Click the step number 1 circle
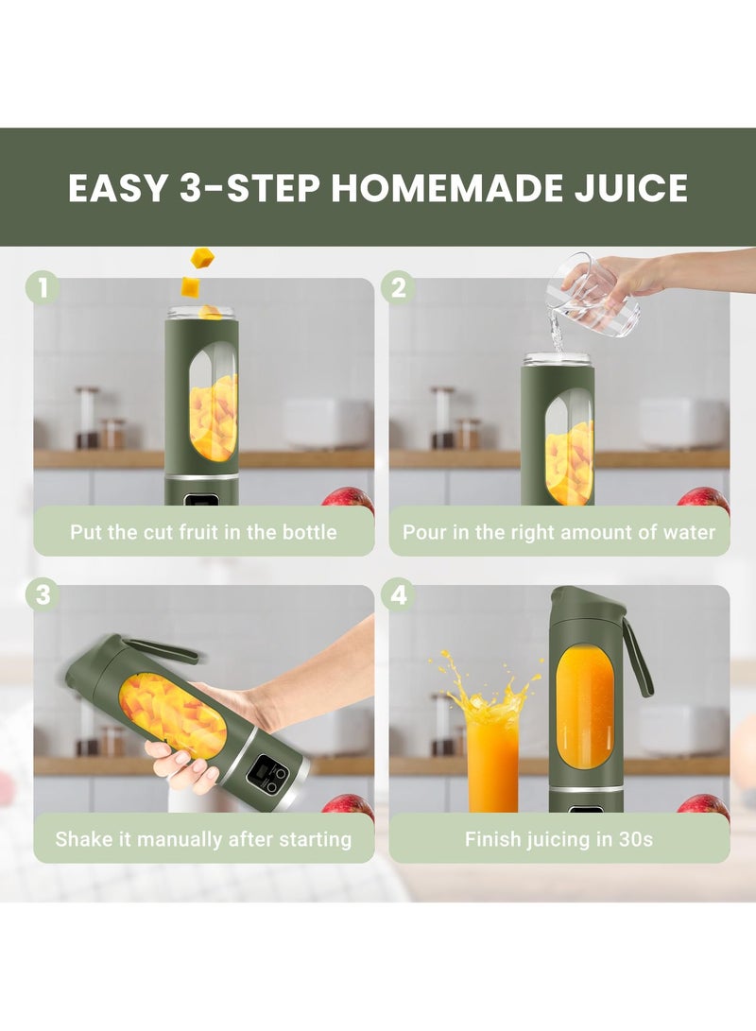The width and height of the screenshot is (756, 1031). point(42,287)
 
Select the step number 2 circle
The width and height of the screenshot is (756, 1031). point(398,287)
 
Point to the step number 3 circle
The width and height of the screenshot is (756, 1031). point(42,595)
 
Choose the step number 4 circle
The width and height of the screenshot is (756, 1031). point(398,595)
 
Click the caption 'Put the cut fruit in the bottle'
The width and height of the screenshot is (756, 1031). point(203,532)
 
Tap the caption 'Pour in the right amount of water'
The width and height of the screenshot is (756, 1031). point(558,532)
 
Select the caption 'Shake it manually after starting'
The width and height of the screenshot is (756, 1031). point(203,839)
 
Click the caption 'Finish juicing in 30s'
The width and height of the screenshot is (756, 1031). point(558,839)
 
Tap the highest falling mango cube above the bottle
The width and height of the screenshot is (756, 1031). point(202,257)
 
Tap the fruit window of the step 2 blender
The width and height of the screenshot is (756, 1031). point(569,452)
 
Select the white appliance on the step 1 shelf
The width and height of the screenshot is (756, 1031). point(326,423)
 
